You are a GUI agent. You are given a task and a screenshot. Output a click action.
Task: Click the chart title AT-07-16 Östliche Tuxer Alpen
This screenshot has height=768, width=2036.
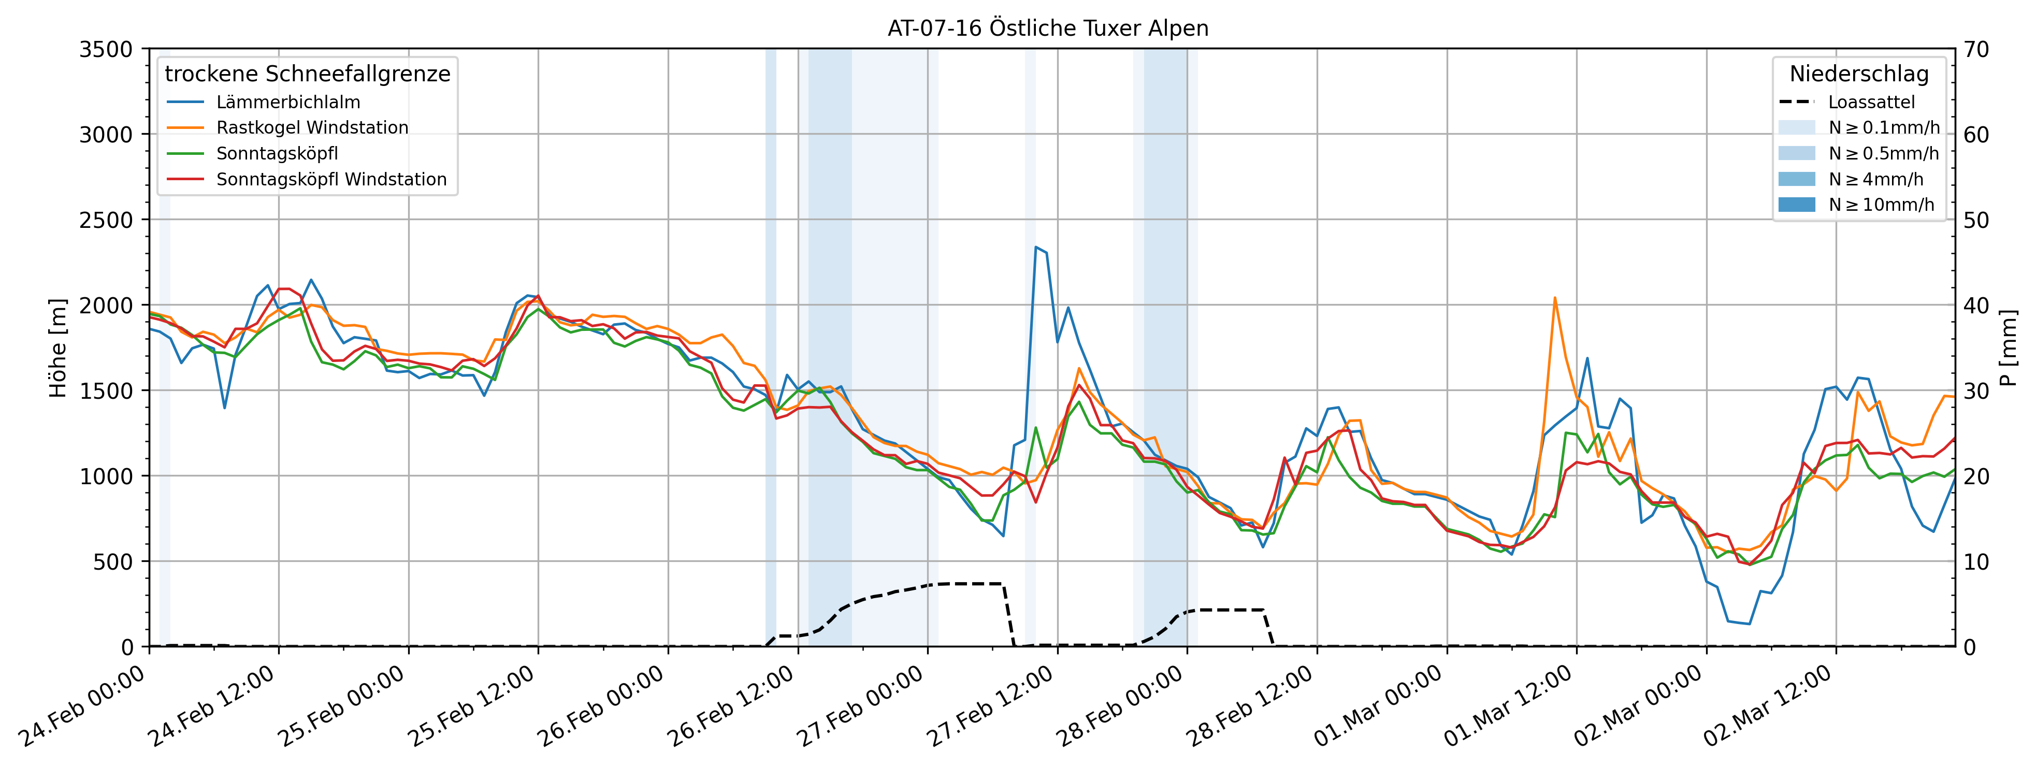[x=1047, y=28]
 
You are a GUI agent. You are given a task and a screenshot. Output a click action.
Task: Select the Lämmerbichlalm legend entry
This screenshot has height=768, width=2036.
[x=287, y=102]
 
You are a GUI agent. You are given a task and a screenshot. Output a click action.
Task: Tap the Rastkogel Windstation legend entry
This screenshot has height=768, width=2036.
[x=312, y=128]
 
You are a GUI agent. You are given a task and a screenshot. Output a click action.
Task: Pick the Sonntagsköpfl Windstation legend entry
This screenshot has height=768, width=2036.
[x=331, y=179]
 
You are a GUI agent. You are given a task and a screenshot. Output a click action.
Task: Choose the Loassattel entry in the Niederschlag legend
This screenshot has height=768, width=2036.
[x=1871, y=102]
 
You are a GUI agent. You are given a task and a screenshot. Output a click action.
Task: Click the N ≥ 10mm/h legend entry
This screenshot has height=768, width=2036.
[x=1881, y=205]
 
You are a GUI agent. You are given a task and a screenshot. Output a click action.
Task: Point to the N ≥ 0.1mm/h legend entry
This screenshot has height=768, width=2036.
[x=1883, y=128]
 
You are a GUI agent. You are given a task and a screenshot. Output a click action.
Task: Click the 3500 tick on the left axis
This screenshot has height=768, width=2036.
[x=106, y=50]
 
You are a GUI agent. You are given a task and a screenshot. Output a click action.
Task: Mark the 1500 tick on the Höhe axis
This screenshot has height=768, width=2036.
[x=106, y=391]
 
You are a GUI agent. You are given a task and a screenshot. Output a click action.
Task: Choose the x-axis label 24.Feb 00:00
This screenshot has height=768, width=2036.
[x=83, y=707]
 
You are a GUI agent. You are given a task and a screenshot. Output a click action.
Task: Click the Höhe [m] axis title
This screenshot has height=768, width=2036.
[x=57, y=347]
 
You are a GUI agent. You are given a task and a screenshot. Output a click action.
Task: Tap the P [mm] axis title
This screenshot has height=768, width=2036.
[x=2009, y=347]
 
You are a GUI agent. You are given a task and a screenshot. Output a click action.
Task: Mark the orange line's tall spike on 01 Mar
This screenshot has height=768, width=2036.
[x=1555, y=298]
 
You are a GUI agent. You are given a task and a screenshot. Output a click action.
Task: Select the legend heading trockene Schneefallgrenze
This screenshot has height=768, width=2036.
[x=308, y=74]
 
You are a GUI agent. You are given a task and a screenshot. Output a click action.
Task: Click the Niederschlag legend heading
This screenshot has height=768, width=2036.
[x=1859, y=74]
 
